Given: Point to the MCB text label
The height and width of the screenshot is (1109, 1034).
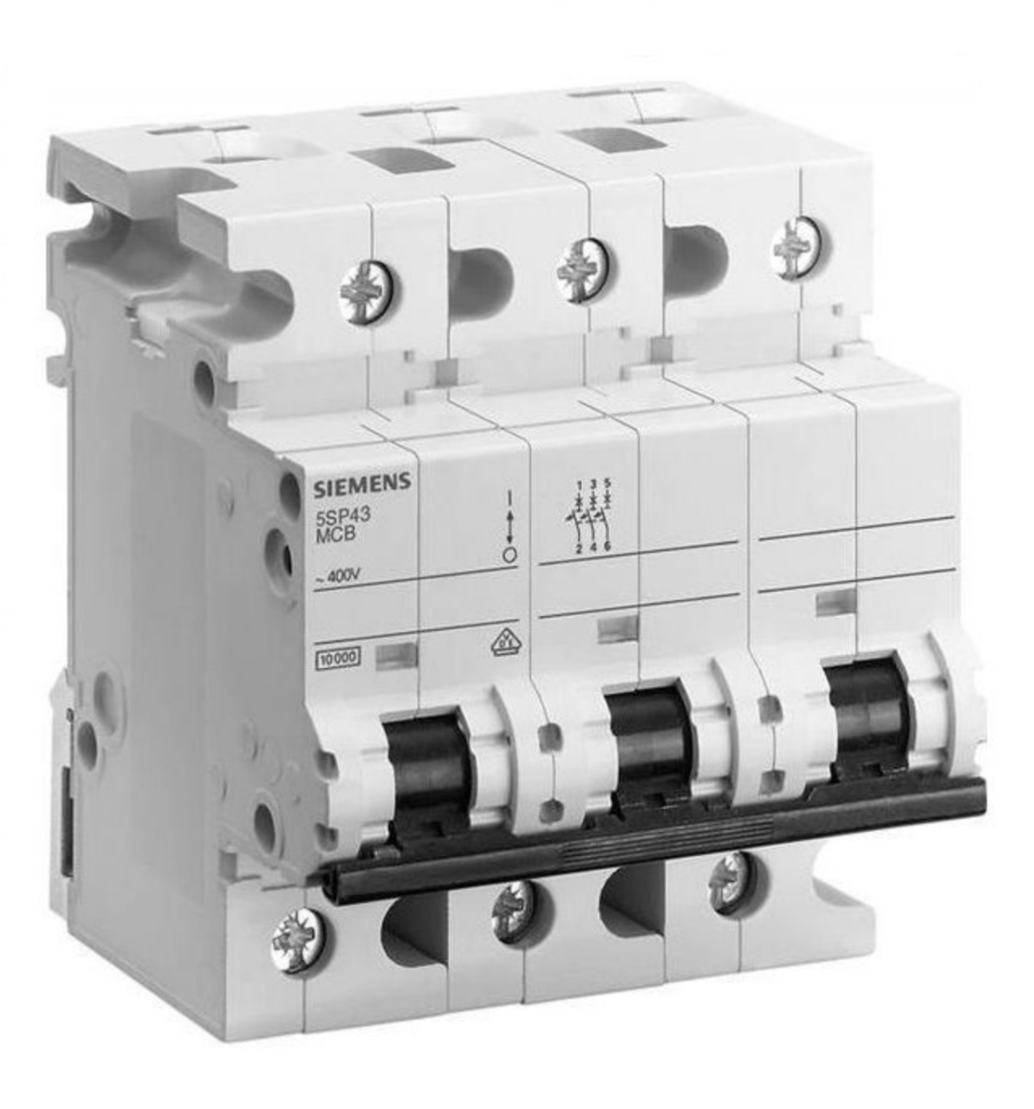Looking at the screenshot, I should pos(333,534).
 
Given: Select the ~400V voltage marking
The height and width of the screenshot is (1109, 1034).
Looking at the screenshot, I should pos(336,578).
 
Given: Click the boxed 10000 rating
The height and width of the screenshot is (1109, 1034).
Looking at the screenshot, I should pos(339,658).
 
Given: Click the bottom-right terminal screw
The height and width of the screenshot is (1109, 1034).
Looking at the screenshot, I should pos(730,882).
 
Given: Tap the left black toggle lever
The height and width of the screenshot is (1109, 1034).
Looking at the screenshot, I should pos(431,762).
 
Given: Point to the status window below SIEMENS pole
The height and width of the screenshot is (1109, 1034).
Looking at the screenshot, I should pos(398,655).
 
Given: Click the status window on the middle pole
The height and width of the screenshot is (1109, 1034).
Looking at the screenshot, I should pos(618,628).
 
